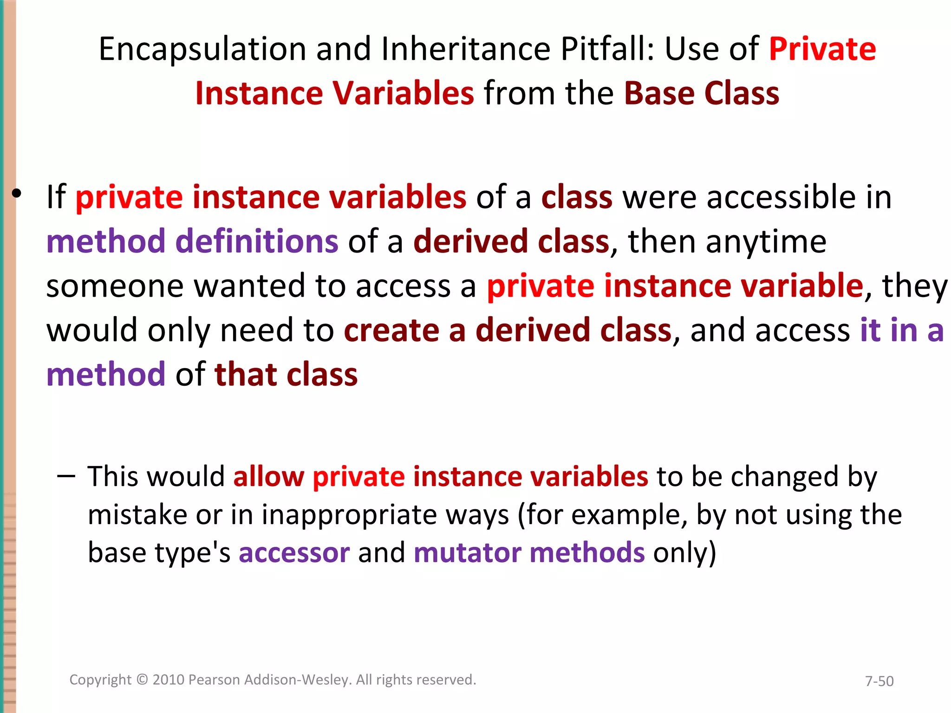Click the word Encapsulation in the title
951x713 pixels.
[202, 50]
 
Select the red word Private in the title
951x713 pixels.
[822, 49]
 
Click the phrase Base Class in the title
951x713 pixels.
[701, 94]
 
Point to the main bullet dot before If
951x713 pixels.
[17, 194]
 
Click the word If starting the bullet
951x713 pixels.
[56, 197]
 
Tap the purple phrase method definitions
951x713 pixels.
[192, 242]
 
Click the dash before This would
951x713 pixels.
[66, 477]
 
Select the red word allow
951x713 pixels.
[268, 477]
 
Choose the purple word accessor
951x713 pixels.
[294, 553]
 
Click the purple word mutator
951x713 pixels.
[467, 553]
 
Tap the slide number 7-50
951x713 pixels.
[879, 681]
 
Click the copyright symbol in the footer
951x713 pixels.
[142, 680]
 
